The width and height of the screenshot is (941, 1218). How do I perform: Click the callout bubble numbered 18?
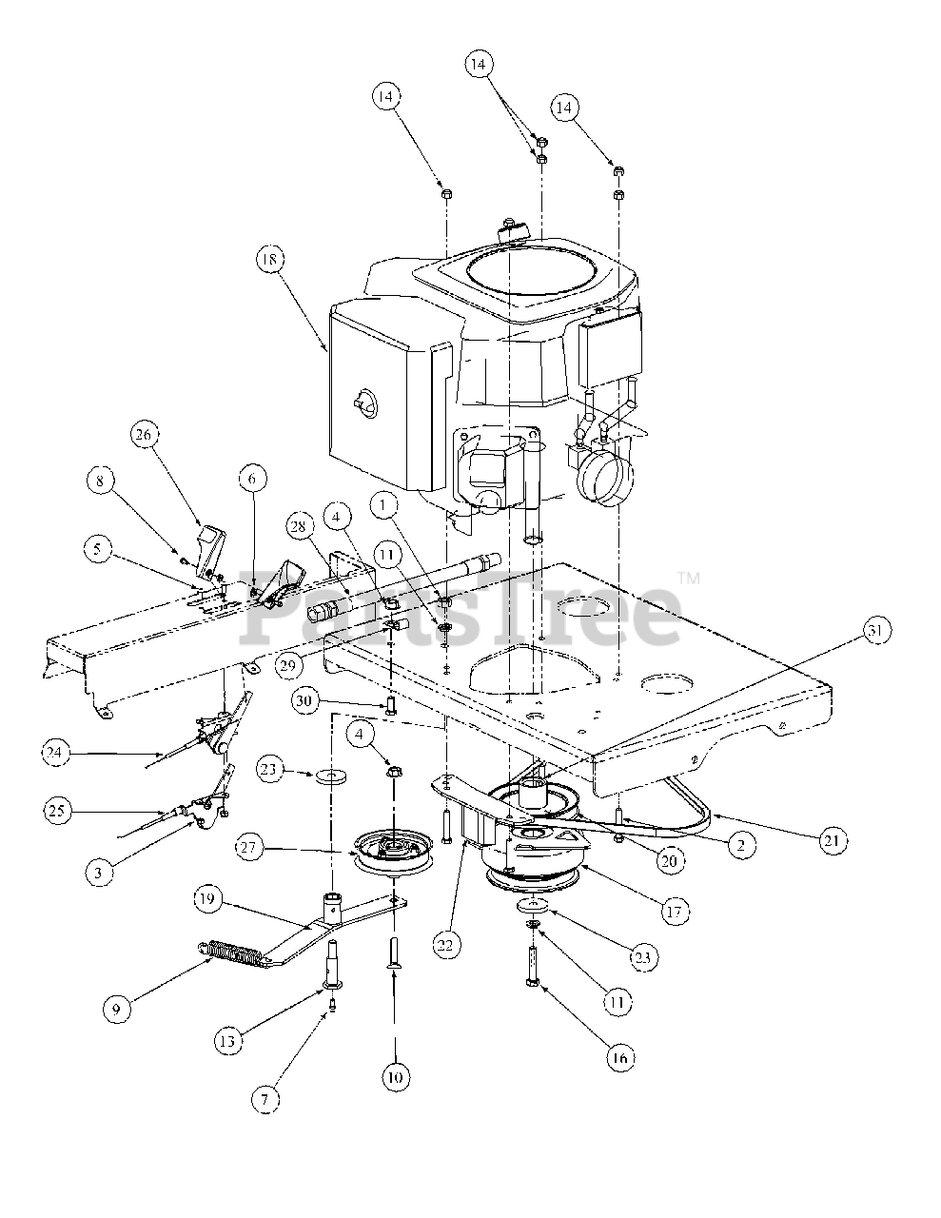pos(271,260)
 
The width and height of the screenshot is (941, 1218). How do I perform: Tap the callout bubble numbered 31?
pos(876,631)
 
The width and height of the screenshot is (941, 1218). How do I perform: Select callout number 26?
pos(144,435)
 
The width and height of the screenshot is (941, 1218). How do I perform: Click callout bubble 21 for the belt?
pos(833,841)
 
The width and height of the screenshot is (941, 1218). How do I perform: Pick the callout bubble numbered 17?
pos(675,912)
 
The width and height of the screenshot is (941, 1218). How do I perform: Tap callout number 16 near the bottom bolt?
pos(619,1058)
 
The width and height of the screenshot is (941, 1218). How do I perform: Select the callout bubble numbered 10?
pos(396,1077)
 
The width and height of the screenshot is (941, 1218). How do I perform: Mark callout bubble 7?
pos(265,1099)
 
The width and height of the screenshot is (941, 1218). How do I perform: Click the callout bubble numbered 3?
pos(99,874)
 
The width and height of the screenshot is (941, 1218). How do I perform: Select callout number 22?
pos(445,946)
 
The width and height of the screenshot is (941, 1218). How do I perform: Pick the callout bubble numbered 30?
pos(305,701)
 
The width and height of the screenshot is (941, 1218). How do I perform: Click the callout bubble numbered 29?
pos(290,666)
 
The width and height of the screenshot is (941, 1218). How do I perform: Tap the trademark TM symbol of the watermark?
pos(689,578)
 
